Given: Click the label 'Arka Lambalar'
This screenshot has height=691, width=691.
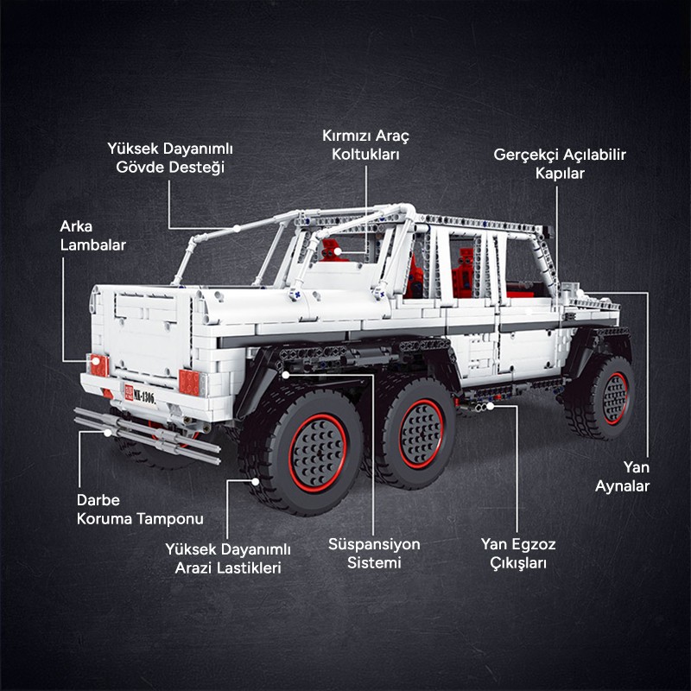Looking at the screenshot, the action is (93, 236).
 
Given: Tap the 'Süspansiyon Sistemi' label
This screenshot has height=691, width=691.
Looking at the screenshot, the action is (374, 554).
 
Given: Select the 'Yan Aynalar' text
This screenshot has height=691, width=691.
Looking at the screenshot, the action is (622, 477).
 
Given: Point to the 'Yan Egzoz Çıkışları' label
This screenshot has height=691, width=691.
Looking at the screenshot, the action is (518, 554).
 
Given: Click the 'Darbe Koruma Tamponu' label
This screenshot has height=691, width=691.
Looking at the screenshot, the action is (140, 510).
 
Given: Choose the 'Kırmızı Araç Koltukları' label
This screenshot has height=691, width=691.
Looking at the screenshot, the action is (365, 145).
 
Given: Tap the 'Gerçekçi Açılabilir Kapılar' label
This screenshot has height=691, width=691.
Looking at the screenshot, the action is (560, 164).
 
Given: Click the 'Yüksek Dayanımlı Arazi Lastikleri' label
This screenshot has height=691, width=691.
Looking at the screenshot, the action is (228, 558).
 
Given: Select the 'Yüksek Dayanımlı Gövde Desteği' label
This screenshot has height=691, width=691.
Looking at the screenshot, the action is (170, 158).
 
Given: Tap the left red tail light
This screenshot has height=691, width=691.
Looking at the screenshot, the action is (98, 365).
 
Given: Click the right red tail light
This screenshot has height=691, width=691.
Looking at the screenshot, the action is (189, 382).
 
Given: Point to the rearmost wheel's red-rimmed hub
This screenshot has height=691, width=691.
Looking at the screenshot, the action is (318, 453).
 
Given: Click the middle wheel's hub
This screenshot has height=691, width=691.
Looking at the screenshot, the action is (422, 434).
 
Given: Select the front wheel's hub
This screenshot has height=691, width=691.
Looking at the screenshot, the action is (615, 399).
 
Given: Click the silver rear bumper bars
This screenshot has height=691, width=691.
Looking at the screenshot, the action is (147, 435).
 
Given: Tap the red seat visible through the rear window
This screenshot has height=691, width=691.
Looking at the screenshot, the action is (331, 251).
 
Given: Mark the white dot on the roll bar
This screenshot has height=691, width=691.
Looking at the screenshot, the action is (237, 229).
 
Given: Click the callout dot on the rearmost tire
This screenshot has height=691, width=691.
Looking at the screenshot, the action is (255, 482).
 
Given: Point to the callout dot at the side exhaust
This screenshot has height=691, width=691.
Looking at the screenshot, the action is (490, 406).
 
